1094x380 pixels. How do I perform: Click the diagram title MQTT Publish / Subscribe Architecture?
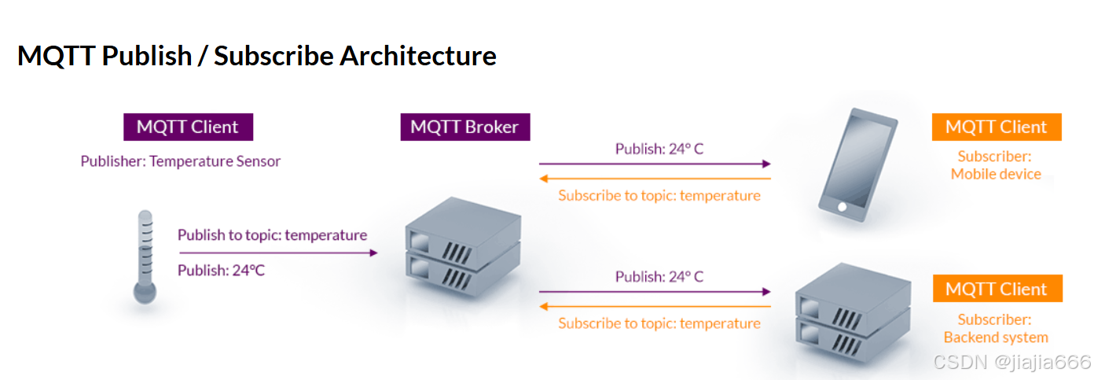click(x=256, y=56)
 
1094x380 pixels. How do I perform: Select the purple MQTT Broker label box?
click(x=465, y=127)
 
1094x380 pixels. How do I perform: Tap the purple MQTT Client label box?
click(x=188, y=127)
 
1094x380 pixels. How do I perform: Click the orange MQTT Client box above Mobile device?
click(x=996, y=127)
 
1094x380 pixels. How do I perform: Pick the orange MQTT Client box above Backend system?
click(x=996, y=289)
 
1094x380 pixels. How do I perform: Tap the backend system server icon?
click(x=852, y=314)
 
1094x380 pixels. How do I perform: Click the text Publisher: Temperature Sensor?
click(x=180, y=161)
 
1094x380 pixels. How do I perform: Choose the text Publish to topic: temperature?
click(x=272, y=234)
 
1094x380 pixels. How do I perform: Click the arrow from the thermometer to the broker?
click(x=278, y=253)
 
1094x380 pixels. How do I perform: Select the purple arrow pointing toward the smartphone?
click(x=654, y=164)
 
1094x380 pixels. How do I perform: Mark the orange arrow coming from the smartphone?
click(x=654, y=179)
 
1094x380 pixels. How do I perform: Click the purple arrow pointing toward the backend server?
click(x=654, y=292)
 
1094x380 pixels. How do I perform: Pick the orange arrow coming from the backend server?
click(x=654, y=307)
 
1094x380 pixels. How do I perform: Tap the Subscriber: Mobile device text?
click(x=995, y=165)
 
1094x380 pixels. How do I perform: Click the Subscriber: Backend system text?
click(x=995, y=329)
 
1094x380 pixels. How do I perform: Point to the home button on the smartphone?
click(x=842, y=207)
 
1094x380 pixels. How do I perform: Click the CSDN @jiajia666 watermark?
click(x=1011, y=362)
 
